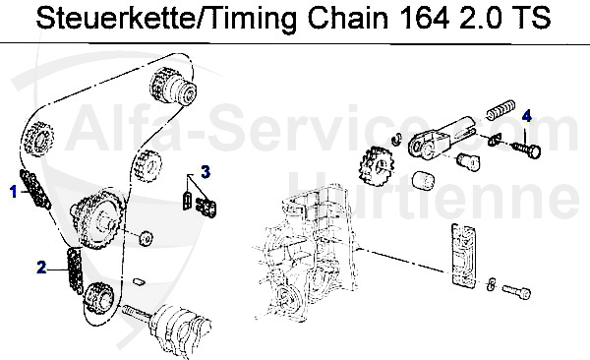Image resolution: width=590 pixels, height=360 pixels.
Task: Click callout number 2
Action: (40, 266)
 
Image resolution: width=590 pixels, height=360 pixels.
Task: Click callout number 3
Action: (206, 171)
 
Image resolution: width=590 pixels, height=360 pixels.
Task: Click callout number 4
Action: (526, 117)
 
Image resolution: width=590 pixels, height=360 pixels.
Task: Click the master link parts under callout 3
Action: (201, 202)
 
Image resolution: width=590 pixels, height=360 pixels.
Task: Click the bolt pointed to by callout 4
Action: (528, 149)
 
